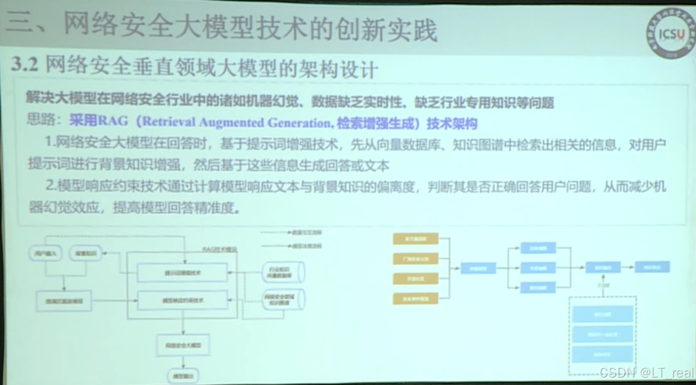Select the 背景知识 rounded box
(x=85, y=253)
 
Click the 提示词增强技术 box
(x=182, y=273)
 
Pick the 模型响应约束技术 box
(x=182, y=300)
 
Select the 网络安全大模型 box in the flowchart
(x=183, y=345)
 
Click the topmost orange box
(x=415, y=239)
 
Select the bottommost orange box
(x=415, y=299)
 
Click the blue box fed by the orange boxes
(x=478, y=269)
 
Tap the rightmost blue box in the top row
(x=652, y=267)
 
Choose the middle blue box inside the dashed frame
(x=602, y=335)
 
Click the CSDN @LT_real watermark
(x=646, y=373)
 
